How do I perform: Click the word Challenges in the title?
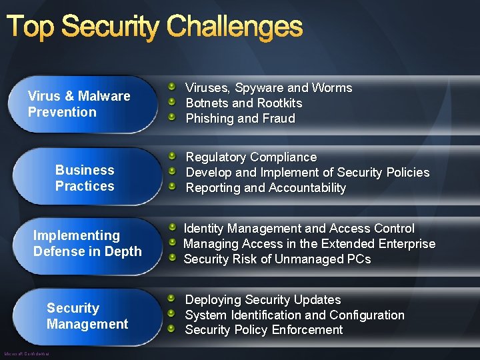(x=234, y=27)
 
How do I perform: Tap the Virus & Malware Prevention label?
(x=79, y=104)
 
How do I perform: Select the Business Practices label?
(x=85, y=178)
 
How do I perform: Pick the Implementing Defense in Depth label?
(x=87, y=243)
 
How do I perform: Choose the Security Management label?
(x=87, y=316)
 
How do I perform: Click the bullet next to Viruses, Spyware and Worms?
(x=171, y=87)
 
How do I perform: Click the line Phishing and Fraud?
(x=240, y=119)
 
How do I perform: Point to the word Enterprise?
(x=405, y=244)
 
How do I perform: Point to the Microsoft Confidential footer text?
(x=27, y=353)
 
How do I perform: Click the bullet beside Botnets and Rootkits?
(x=171, y=103)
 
